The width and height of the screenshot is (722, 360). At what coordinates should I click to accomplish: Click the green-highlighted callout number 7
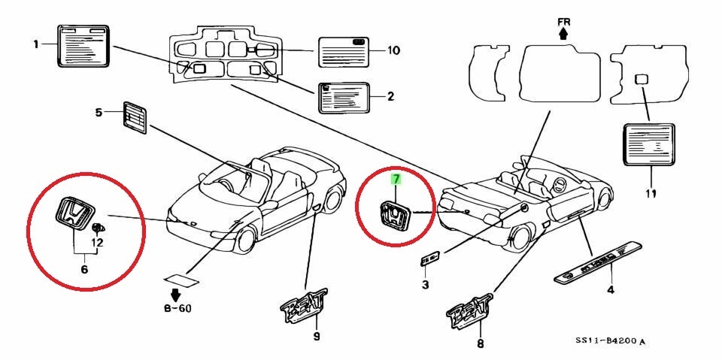click(395, 179)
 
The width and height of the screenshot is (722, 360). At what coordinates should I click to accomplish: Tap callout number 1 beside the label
click(35, 44)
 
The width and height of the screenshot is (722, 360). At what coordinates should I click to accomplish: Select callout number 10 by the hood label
click(393, 51)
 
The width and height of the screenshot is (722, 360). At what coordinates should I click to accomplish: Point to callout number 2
click(391, 96)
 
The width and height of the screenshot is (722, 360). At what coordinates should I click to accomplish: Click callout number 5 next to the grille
click(98, 113)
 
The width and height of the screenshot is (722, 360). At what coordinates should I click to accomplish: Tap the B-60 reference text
click(177, 308)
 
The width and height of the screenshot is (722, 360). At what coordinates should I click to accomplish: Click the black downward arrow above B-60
click(177, 292)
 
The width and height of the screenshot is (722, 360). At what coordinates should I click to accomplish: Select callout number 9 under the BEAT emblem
click(316, 336)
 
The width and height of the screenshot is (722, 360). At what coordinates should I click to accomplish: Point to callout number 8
click(481, 345)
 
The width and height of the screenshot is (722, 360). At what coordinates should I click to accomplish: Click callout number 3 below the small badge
click(425, 285)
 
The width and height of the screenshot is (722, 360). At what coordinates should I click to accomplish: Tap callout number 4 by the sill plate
click(610, 289)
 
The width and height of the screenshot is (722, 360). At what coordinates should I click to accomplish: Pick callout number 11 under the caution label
click(651, 194)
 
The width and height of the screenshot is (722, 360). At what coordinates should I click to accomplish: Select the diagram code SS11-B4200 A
click(610, 341)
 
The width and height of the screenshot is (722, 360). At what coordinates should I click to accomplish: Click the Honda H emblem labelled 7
click(394, 216)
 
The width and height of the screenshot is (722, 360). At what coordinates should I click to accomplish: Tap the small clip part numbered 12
click(96, 228)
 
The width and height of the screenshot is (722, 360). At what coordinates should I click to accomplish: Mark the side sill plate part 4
click(599, 262)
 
